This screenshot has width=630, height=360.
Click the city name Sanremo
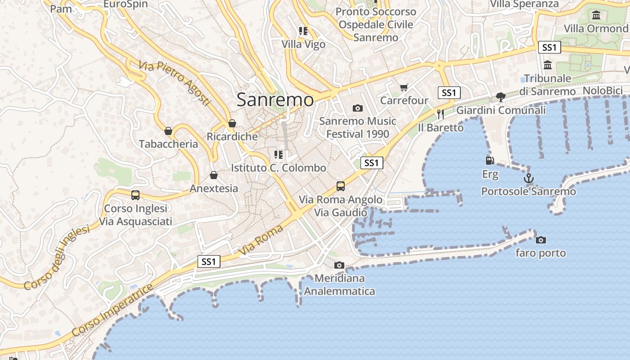(x=275, y=99)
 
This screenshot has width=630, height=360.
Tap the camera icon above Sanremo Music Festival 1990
(x=358, y=108)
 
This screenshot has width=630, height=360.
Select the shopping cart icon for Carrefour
(x=404, y=87)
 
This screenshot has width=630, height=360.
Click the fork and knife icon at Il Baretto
(x=441, y=114)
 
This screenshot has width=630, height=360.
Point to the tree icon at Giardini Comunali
(x=500, y=97)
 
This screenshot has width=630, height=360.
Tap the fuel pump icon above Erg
(x=490, y=160)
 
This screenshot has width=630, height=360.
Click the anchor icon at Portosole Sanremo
(x=529, y=178)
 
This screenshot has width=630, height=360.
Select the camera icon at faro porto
(x=541, y=240)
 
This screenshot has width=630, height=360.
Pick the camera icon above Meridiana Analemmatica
(x=339, y=265)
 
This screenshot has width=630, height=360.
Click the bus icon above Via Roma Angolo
(x=341, y=186)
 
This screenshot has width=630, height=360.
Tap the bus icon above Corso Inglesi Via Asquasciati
(x=135, y=195)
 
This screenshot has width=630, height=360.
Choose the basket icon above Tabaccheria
(x=168, y=131)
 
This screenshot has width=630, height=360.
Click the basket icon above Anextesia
(x=214, y=175)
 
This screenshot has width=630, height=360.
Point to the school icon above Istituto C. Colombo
(x=279, y=155)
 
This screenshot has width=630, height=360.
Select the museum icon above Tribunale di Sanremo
(x=548, y=65)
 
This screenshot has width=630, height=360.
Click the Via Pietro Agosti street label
(x=175, y=84)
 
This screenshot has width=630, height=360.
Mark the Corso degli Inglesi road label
(x=57, y=258)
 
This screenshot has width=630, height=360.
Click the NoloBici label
(x=603, y=90)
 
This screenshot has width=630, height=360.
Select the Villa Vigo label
(x=303, y=44)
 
